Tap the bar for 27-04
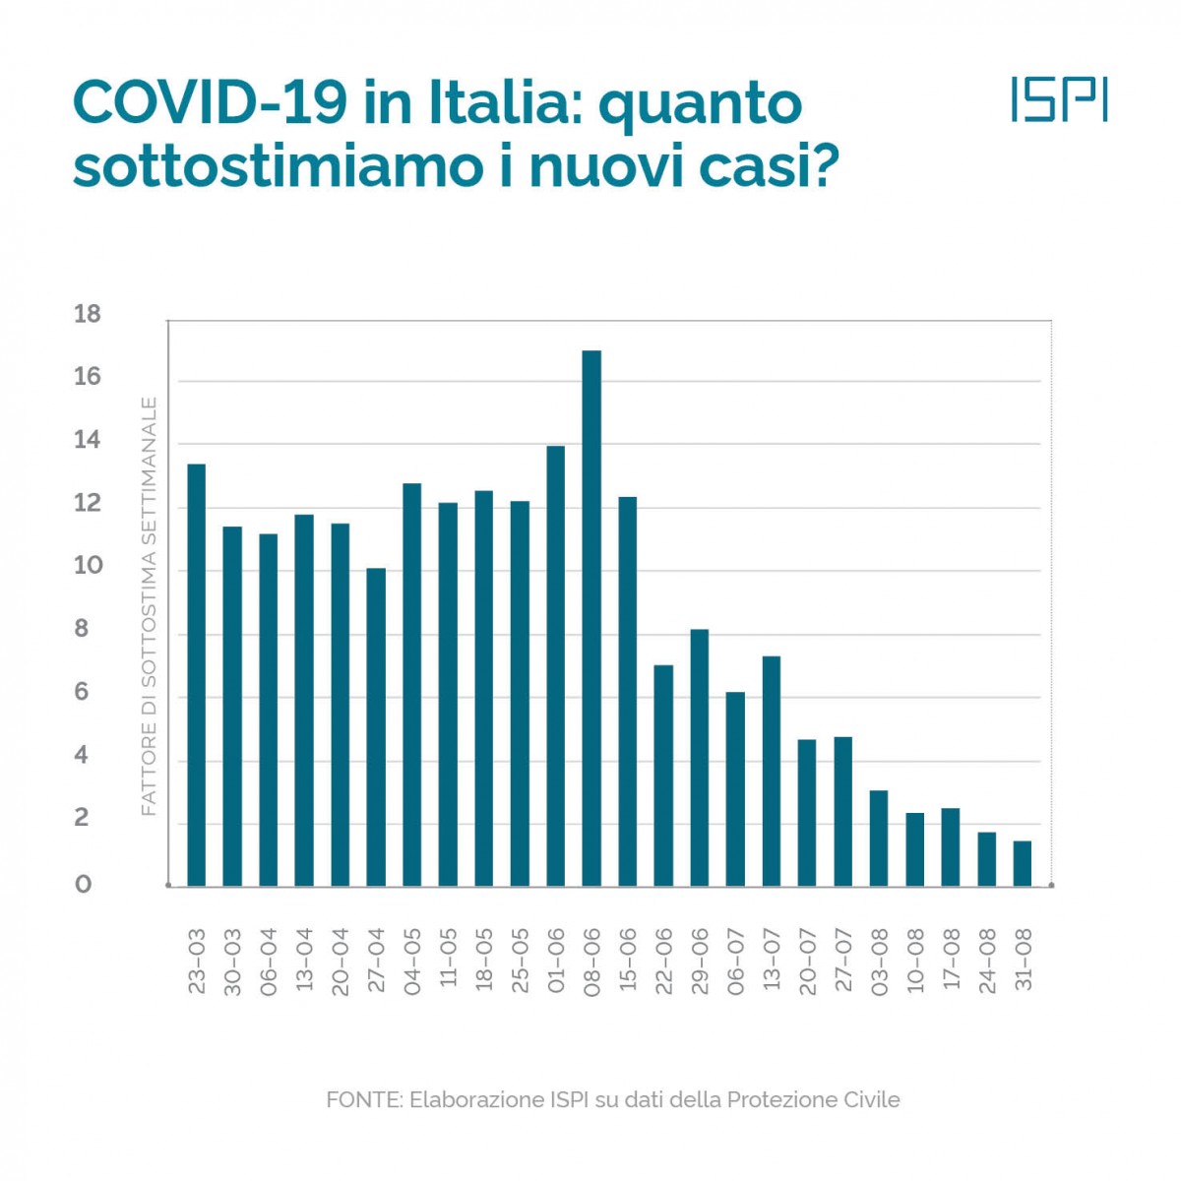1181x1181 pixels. [x=376, y=727]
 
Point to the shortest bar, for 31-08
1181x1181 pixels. [x=1023, y=864]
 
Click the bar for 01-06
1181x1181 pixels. [x=556, y=666]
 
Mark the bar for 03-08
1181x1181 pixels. [x=879, y=839]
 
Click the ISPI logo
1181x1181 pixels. [x=1059, y=99]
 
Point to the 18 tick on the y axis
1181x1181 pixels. [x=88, y=315]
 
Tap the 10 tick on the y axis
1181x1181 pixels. [x=88, y=566]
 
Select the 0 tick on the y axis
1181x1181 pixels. [x=84, y=885]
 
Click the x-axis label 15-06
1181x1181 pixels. [x=627, y=961]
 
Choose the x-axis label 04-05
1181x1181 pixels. [x=411, y=961]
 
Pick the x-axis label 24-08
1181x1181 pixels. [x=987, y=961]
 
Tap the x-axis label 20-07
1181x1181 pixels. [x=807, y=961]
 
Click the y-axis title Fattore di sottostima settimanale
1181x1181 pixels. [x=149, y=605]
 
